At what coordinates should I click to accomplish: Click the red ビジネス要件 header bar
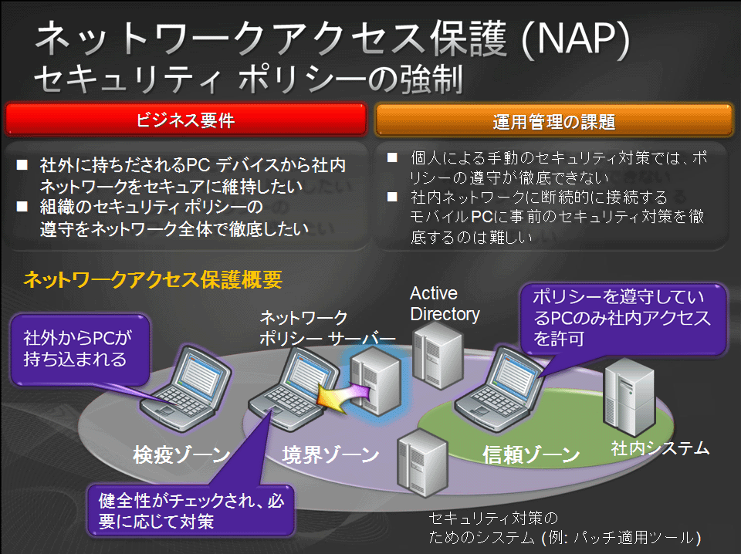pyautogui.click(x=186, y=120)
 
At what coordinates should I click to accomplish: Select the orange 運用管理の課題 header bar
pyautogui.click(x=553, y=121)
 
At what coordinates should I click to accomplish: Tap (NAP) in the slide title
pyautogui.click(x=576, y=39)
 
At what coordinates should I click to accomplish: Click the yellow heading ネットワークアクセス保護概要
pyautogui.click(x=153, y=279)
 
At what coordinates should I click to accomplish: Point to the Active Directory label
pyautogui.click(x=445, y=304)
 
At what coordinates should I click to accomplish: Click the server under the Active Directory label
pyautogui.click(x=437, y=355)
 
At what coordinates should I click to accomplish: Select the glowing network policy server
pyautogui.click(x=376, y=380)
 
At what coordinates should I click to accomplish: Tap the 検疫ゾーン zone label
pyautogui.click(x=181, y=454)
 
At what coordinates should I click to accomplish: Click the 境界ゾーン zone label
pyautogui.click(x=330, y=454)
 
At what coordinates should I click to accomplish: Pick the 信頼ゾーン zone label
pyautogui.click(x=531, y=454)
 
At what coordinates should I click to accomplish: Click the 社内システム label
pyautogui.click(x=660, y=448)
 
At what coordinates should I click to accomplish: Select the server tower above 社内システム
pyautogui.click(x=629, y=397)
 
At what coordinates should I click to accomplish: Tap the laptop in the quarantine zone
pyautogui.click(x=185, y=388)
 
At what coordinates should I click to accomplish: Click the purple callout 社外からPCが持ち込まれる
pyautogui.click(x=80, y=350)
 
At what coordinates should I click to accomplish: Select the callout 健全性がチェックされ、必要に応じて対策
pyautogui.click(x=191, y=511)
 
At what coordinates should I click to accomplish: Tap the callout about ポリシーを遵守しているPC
pyautogui.click(x=623, y=319)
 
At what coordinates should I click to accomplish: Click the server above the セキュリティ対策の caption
pyautogui.click(x=422, y=463)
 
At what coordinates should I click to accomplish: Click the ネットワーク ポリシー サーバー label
pyautogui.click(x=327, y=328)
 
